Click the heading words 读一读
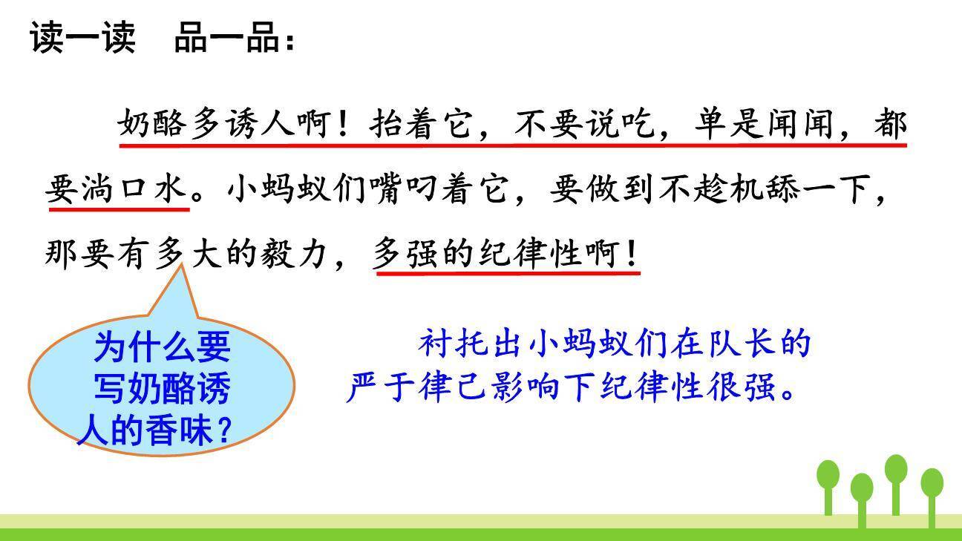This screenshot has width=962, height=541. pyautogui.click(x=82, y=37)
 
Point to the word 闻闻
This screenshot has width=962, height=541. pyautogui.click(x=802, y=124)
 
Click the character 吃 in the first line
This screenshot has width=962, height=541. pyautogui.click(x=638, y=124)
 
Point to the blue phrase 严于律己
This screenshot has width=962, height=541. pyautogui.click(x=418, y=387)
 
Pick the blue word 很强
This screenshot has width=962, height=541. pyautogui.click(x=753, y=387)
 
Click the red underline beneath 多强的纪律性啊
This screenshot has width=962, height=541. pyautogui.click(x=508, y=273)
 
